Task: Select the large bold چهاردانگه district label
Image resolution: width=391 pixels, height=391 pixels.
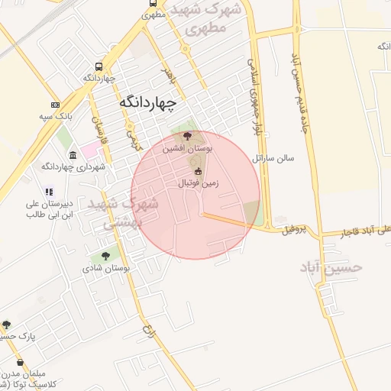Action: click(x=148, y=101)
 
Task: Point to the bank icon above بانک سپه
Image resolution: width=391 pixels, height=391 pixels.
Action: click(x=55, y=105)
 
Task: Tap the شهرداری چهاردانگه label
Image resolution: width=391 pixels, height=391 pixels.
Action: click(x=73, y=166)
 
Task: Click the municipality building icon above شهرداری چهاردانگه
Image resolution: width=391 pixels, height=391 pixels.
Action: click(x=73, y=155)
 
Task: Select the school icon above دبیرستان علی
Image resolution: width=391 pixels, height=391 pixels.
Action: click(x=48, y=192)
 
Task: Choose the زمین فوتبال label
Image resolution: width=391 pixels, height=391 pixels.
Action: click(x=199, y=183)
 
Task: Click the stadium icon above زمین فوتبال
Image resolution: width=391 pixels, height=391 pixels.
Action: click(x=199, y=171)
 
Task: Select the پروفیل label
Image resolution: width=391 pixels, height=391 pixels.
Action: click(x=292, y=228)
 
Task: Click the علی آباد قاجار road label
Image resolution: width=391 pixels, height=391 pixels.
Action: click(x=351, y=231)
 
